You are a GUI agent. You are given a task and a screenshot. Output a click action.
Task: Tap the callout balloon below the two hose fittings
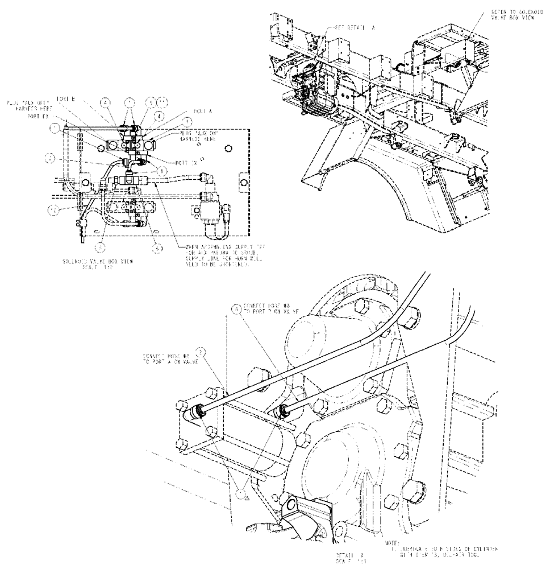click(x=242, y=494)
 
